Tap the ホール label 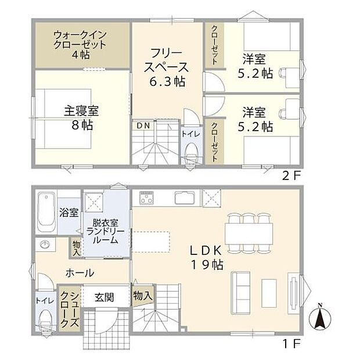[x=80, y=273]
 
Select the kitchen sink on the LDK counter [x=185, y=199]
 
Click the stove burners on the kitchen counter [x=145, y=199]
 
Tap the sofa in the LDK [x=240, y=289]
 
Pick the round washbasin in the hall [x=45, y=245]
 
